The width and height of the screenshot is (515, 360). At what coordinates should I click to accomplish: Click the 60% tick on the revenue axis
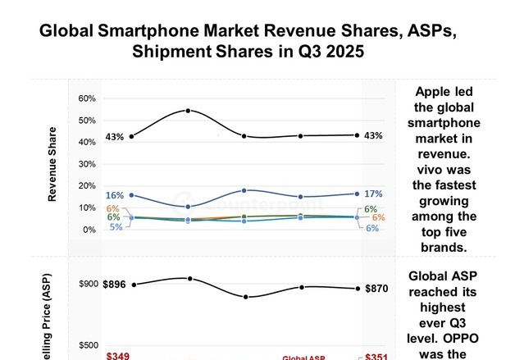coord(87,98)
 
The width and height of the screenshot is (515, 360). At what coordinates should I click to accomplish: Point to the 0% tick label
coord(89,230)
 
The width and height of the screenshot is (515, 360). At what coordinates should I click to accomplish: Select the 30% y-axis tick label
coord(87,164)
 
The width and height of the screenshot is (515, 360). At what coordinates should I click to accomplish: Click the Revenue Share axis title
coord(52,164)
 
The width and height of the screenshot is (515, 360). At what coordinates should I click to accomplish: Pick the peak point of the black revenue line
coord(189,111)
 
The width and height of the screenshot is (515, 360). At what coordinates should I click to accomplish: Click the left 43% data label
coord(114,137)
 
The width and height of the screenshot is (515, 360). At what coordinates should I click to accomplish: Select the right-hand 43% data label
coord(373,136)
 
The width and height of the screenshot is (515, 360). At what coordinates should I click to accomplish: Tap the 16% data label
coord(114,196)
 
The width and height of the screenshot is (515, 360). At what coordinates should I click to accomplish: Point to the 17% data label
coord(373,194)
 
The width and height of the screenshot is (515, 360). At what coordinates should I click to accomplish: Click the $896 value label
coord(114,285)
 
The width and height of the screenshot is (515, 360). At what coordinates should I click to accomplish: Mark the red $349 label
coord(119,356)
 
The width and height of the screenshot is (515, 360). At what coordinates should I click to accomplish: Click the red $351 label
coord(376,356)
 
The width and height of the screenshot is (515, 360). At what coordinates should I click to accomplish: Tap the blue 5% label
coord(115,227)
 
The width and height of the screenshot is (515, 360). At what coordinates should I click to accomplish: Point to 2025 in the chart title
coord(335,51)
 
